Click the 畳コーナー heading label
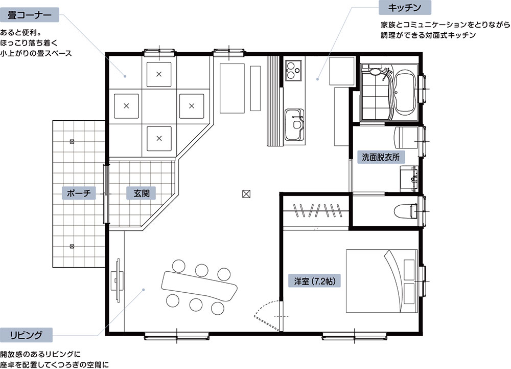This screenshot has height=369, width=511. click(29, 15)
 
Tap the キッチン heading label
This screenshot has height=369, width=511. click(405, 8)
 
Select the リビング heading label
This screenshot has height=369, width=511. click(26, 335)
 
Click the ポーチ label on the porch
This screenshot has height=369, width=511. click(79, 193)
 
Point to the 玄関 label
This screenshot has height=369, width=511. click(142, 193)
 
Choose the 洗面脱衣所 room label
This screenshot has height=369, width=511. click(381, 157)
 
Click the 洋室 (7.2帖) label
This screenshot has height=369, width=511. click(314, 280)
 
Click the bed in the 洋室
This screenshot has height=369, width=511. click(382, 281)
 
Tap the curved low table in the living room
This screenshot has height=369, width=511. click(199, 286)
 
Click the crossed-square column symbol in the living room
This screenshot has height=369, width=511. click(246, 194)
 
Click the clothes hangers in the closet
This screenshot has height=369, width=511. click(317, 210)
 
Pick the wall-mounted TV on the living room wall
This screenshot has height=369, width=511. click(118, 279)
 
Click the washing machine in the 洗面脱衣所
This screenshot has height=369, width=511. click(406, 137)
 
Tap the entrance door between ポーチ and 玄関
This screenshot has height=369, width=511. click(105, 194)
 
